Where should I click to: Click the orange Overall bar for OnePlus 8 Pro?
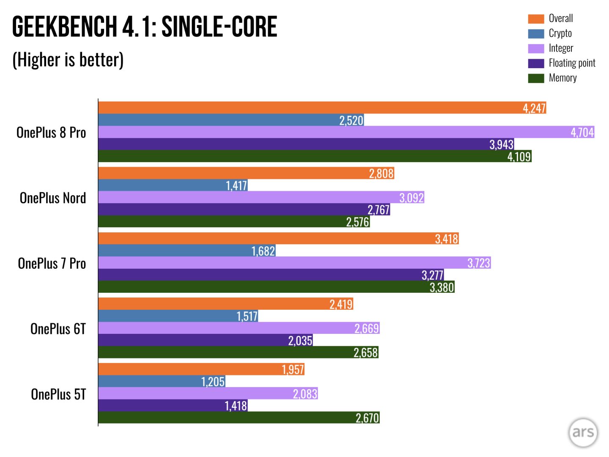pyautogui.click(x=322, y=107)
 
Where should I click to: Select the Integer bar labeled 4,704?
pyautogui.click(x=346, y=132)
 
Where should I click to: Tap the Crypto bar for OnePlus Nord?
pyautogui.click(x=173, y=185)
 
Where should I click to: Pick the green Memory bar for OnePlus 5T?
pyautogui.click(x=239, y=417)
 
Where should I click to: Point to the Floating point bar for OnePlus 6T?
pyautogui.click(x=206, y=340)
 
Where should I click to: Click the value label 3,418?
pyautogui.click(x=447, y=239)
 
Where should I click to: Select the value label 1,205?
pyautogui.click(x=213, y=382)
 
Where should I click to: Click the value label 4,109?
pyautogui.click(x=519, y=157)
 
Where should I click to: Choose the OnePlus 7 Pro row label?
pyautogui.click(x=52, y=263)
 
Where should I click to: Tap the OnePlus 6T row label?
pyautogui.click(x=58, y=329)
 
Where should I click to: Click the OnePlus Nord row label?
pyautogui.click(x=53, y=198)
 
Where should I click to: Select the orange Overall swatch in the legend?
pyautogui.click(x=536, y=19)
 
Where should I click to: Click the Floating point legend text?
pyautogui.click(x=572, y=63)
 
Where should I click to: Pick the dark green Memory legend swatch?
pyautogui.click(x=536, y=78)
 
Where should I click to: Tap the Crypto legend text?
pyautogui.click(x=560, y=33)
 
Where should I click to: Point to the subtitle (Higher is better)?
pyautogui.click(x=68, y=60)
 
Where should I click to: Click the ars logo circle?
pyautogui.click(x=583, y=432)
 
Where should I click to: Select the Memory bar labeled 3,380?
pyautogui.click(x=276, y=286)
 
